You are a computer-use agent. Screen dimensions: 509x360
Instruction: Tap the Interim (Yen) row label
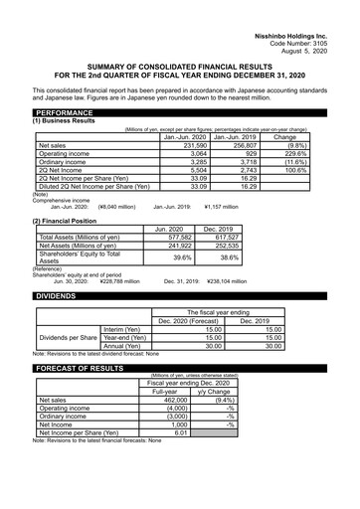[x=123, y=329]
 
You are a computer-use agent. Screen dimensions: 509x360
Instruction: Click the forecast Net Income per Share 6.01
[x=182, y=433]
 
